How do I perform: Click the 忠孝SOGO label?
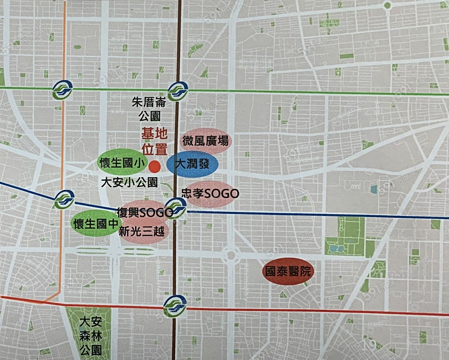pos(209,194)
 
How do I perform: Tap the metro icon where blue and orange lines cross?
pos(64,200)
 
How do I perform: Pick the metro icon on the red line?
pos(175,306)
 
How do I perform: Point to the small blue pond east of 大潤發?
pos(374,189)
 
